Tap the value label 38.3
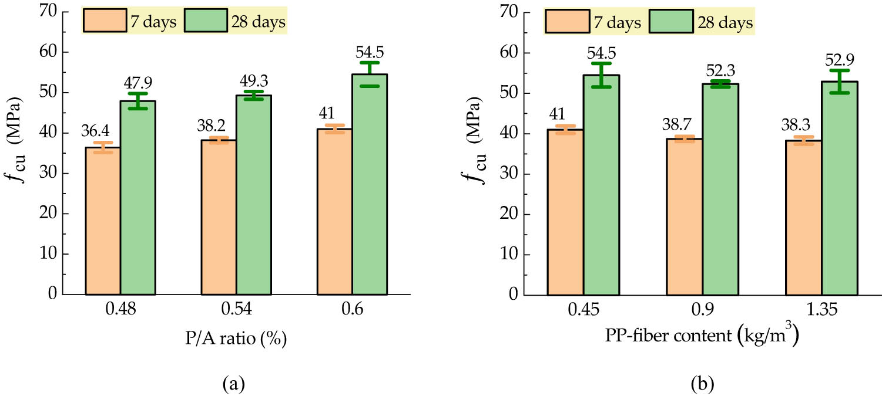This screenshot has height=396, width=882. point(796,126)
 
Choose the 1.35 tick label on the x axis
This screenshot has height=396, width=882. point(822,309)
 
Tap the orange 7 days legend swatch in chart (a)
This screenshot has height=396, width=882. point(101,22)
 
